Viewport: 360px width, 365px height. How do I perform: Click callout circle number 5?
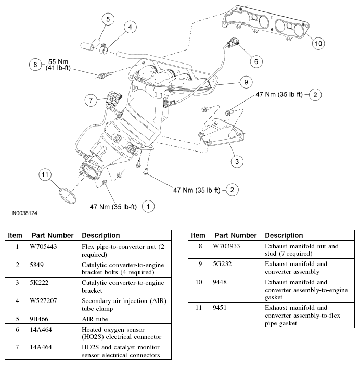point(108,20)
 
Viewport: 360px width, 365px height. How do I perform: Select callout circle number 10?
point(318,43)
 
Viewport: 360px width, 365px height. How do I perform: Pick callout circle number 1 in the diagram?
point(148,207)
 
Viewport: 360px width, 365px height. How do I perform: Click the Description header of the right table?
point(284,235)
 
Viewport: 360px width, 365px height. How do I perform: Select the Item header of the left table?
point(15,235)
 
